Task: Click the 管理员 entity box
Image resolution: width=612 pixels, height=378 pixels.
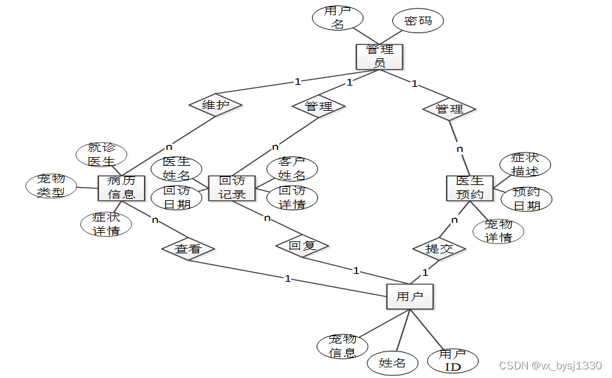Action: [379, 56]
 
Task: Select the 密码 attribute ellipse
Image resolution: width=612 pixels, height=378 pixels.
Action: [418, 21]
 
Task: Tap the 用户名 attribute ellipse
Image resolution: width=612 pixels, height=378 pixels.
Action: [338, 18]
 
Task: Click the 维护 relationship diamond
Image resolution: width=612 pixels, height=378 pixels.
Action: [214, 105]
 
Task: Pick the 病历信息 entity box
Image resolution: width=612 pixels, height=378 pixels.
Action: [121, 188]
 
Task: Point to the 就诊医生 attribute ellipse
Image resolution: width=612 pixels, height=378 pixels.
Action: [101, 155]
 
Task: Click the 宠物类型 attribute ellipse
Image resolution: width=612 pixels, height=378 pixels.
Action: [52, 186]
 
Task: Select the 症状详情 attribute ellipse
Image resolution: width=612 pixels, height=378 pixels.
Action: [106, 224]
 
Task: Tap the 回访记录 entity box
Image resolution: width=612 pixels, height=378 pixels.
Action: [232, 188]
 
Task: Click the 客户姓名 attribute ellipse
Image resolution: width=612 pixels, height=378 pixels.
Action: [291, 169]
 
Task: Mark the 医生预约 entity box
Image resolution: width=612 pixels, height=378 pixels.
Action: [469, 188]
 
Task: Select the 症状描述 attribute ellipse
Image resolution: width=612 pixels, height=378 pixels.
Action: [525, 164]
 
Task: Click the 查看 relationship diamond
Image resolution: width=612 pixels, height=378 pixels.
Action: [188, 249]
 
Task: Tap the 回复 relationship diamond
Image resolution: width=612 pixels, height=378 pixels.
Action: [303, 245]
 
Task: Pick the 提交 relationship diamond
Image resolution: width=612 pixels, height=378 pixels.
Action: [439, 249]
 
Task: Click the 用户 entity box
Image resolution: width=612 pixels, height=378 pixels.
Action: [410, 296]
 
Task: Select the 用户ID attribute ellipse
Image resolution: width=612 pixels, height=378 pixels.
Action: [453, 360]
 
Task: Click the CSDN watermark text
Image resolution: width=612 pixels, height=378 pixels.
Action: [550, 365]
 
